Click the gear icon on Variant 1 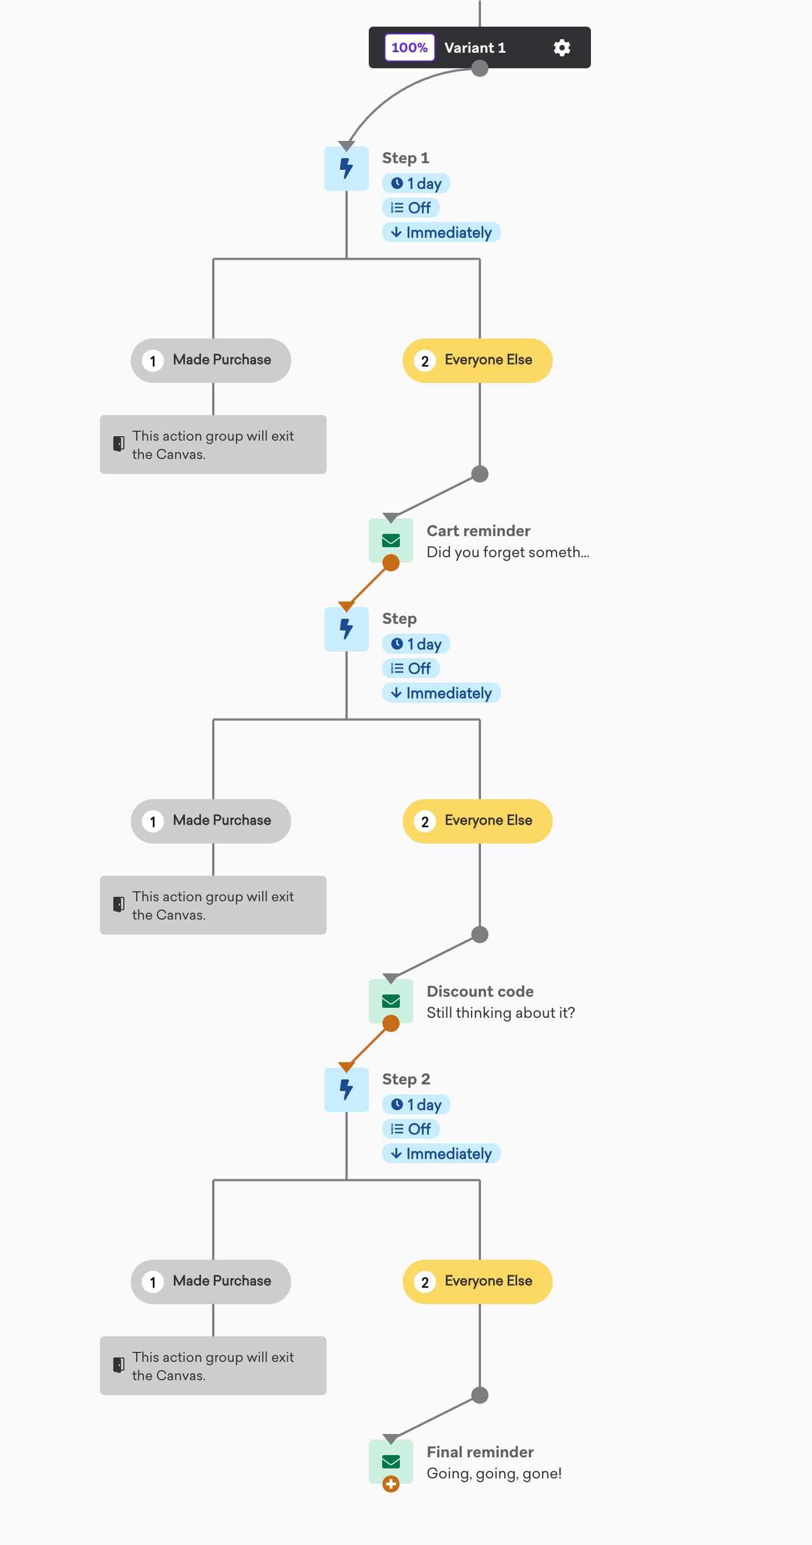point(562,47)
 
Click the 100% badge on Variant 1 point(409,47)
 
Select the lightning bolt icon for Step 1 point(346,169)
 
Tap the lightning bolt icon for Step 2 point(346,1090)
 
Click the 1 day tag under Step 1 point(416,184)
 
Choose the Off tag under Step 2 point(410,1129)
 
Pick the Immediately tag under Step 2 point(441,1153)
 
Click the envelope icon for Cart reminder point(390,541)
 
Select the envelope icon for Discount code point(390,1001)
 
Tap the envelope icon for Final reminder point(390,1462)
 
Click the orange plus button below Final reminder point(390,1484)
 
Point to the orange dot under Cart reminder point(390,563)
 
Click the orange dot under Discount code point(390,1023)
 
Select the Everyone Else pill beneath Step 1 point(477,361)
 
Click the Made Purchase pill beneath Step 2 point(210,1282)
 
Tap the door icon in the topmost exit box point(119,444)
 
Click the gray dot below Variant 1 point(479,68)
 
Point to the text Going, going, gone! point(494,1473)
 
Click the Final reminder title point(480,1452)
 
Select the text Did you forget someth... point(504,552)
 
